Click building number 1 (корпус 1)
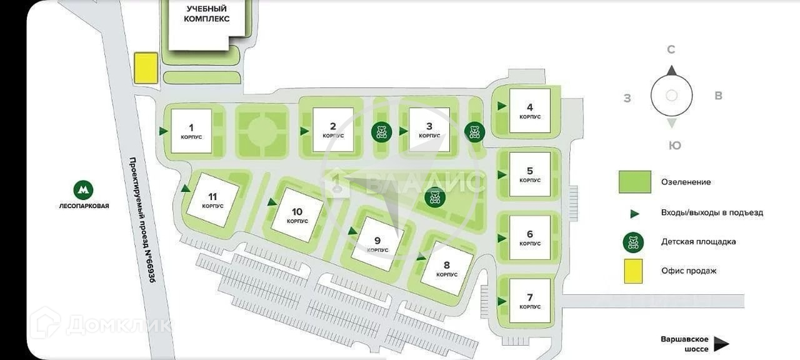(191, 131)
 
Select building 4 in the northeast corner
(529, 111)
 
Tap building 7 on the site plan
(529, 301)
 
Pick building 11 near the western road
(212, 200)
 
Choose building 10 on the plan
(297, 215)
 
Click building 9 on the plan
(377, 244)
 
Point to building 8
(446, 269)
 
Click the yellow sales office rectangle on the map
(146, 67)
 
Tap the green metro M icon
(83, 190)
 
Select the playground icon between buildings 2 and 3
(382, 132)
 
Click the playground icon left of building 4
(474, 132)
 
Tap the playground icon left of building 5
(435, 199)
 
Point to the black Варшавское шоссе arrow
(722, 344)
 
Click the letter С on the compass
(671, 50)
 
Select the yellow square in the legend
(634, 271)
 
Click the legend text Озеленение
(686, 182)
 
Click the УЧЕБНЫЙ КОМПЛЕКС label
(206, 14)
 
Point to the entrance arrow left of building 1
(163, 131)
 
